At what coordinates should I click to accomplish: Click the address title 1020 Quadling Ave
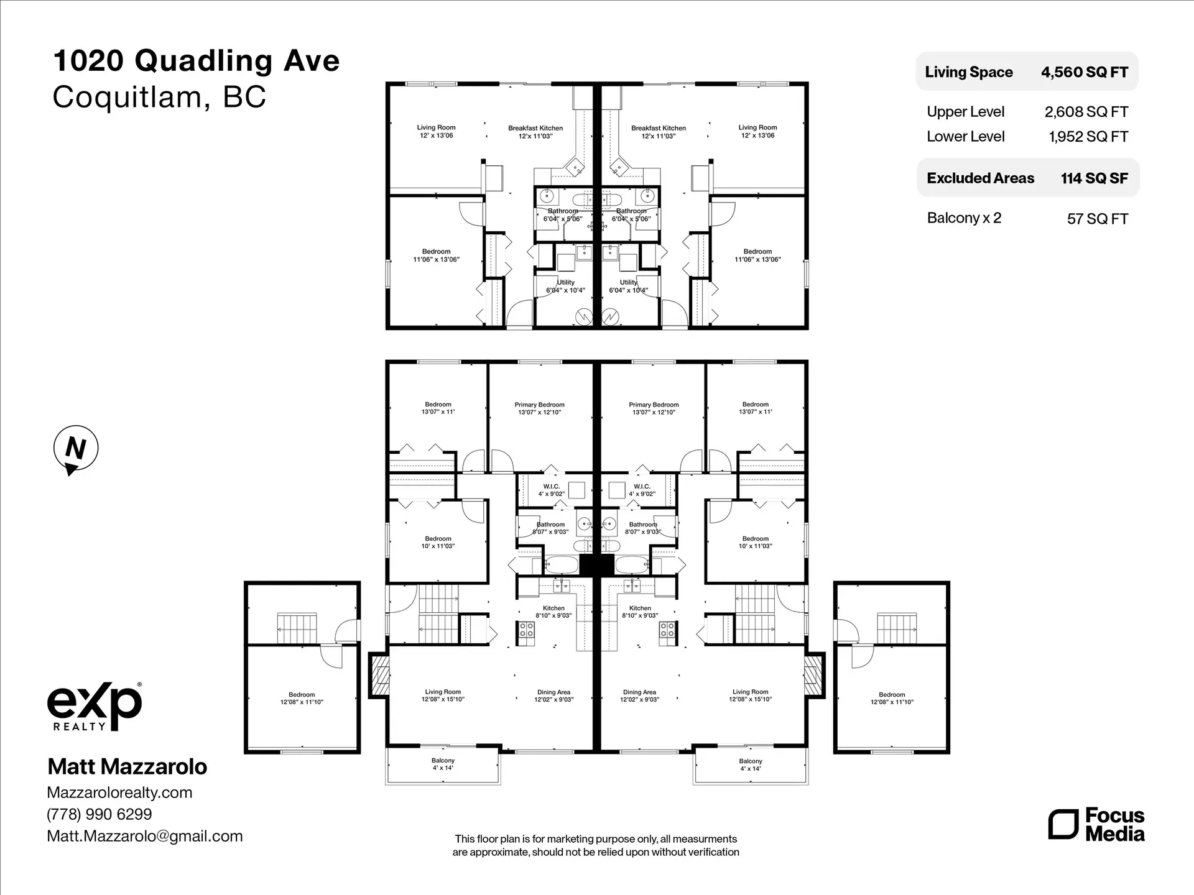tap(197, 61)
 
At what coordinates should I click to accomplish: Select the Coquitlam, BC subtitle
tap(159, 97)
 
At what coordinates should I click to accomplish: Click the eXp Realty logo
tap(95, 707)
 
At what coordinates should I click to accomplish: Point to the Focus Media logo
tap(1096, 825)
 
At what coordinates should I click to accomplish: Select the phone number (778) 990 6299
tap(99, 814)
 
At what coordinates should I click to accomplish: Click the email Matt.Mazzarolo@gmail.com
tap(145, 836)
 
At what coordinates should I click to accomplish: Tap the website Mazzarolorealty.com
tap(119, 792)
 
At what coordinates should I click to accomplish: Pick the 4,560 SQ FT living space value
tap(1085, 72)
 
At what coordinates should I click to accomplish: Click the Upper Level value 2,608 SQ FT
tap(1086, 112)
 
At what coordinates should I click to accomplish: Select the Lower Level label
tap(965, 137)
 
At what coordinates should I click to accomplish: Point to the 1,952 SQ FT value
tap(1088, 137)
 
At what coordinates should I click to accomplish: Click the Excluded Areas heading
tap(980, 178)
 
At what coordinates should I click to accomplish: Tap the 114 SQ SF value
tap(1094, 178)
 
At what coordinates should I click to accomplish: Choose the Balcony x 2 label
tap(964, 218)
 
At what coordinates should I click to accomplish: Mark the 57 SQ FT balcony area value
tap(1097, 219)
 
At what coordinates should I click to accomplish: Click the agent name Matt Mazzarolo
tap(127, 767)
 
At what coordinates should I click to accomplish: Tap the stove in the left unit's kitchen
tap(527, 630)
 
